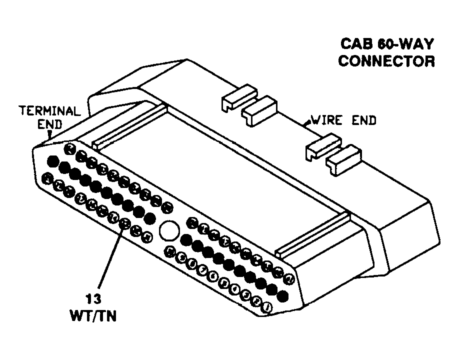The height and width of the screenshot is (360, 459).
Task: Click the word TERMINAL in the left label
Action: (x=49, y=111)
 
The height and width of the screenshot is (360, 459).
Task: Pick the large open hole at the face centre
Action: (x=169, y=231)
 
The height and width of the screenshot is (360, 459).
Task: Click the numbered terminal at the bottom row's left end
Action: (x=47, y=177)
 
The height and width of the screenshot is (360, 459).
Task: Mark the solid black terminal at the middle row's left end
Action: (x=51, y=161)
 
